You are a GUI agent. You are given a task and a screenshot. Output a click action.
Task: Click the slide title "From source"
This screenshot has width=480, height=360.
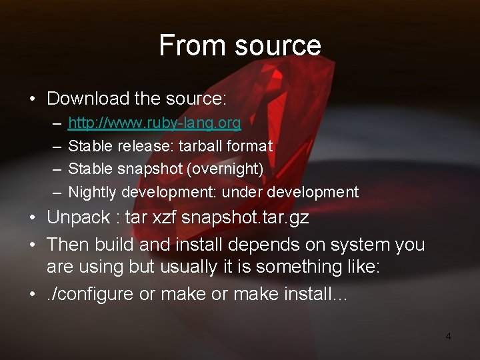240,45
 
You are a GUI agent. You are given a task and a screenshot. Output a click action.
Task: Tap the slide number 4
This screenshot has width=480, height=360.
448,337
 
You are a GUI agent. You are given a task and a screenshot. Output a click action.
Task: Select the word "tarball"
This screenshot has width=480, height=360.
202,145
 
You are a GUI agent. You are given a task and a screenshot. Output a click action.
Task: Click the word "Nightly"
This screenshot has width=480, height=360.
92,192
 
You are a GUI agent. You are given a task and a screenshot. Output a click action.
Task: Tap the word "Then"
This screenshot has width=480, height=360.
67,245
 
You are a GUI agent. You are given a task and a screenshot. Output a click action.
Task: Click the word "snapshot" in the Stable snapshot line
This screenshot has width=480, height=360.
151,169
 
